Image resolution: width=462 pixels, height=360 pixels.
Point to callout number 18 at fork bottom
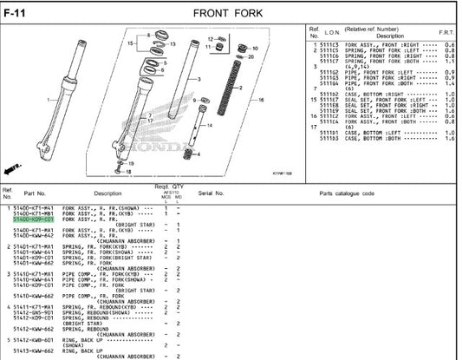click(x=128, y=172)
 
